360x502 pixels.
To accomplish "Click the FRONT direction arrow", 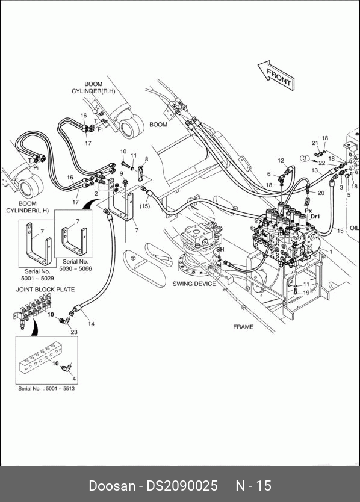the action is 276,76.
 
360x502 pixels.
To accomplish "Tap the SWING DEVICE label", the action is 194,284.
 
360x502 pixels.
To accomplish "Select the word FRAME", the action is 243,327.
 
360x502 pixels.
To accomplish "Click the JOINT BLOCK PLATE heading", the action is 46,290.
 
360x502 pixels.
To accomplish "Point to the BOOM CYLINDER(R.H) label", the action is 93,88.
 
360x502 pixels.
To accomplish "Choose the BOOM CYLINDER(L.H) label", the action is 28,207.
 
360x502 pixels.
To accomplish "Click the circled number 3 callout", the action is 305,158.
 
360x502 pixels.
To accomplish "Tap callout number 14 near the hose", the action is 92,324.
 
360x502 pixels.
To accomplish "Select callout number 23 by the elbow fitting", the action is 74,332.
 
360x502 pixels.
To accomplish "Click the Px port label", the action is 308,211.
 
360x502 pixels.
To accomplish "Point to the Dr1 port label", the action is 315,217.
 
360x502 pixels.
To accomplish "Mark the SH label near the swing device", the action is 220,249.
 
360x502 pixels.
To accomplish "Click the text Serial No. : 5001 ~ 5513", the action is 46,389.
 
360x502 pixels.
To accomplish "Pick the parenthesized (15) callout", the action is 144,206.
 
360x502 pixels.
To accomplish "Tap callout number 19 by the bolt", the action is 306,293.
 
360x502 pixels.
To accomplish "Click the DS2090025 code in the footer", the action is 182,486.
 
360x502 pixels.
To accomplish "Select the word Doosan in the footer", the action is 112,486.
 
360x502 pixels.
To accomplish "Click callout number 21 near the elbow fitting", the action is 315,143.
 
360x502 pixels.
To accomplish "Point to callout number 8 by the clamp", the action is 147,159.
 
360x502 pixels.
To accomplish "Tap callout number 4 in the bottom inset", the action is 74,379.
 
